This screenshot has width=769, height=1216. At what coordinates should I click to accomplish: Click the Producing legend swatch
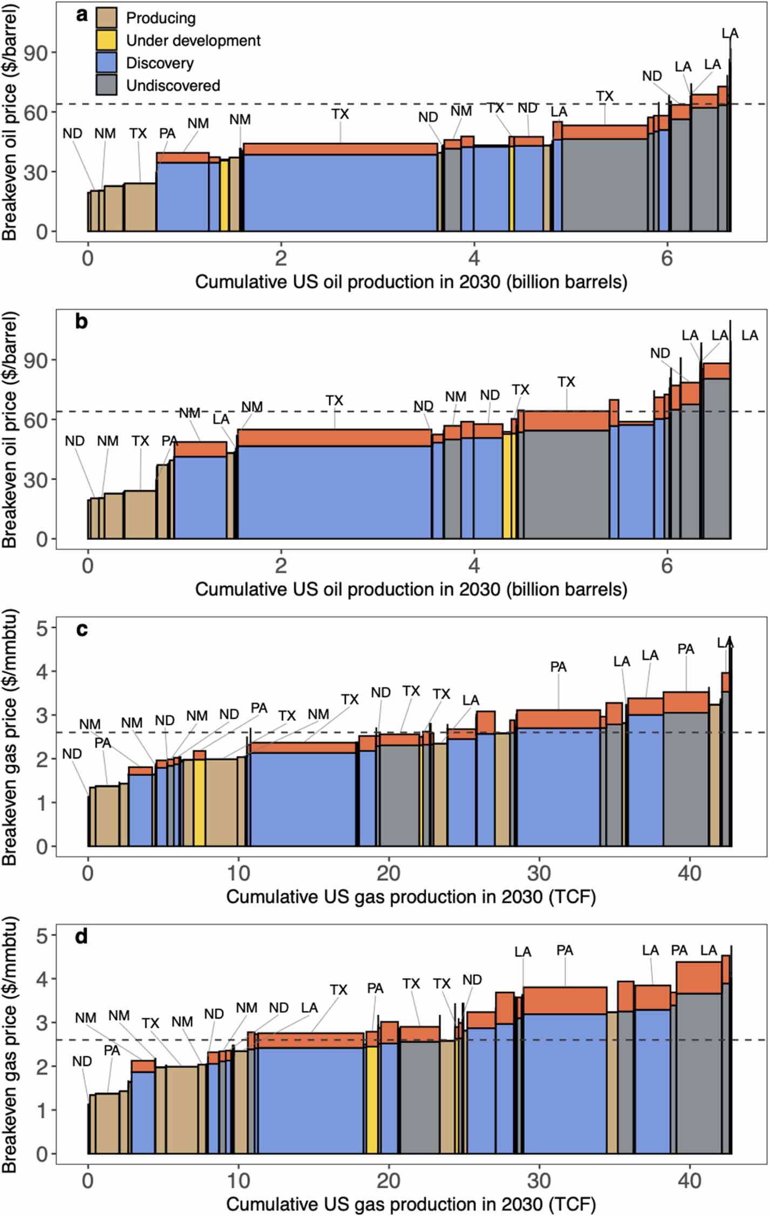pyautogui.click(x=106, y=18)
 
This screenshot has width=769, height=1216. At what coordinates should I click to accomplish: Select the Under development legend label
pyautogui.click(x=193, y=40)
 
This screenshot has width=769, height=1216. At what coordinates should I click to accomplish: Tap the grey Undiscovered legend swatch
pyautogui.click(x=106, y=85)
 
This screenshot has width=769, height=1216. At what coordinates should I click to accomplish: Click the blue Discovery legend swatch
pyautogui.click(x=106, y=63)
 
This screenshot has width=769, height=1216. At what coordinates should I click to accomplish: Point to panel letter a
pyautogui.click(x=81, y=15)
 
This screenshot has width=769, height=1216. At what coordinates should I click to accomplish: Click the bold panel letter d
pyautogui.click(x=81, y=937)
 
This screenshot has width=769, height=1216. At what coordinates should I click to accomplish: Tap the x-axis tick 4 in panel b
pyautogui.click(x=474, y=565)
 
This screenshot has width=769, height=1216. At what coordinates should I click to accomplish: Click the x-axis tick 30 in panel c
pyautogui.click(x=539, y=873)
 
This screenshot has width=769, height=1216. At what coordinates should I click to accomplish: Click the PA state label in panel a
pyautogui.click(x=167, y=133)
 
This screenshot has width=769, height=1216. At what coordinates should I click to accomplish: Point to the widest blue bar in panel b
pyautogui.click(x=335, y=491)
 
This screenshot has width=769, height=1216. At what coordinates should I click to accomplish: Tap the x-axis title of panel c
pyautogui.click(x=411, y=897)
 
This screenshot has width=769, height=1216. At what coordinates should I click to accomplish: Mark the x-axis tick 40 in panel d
pyautogui.click(x=689, y=1181)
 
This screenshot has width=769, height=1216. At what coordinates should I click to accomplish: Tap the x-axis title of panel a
pyautogui.click(x=411, y=282)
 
